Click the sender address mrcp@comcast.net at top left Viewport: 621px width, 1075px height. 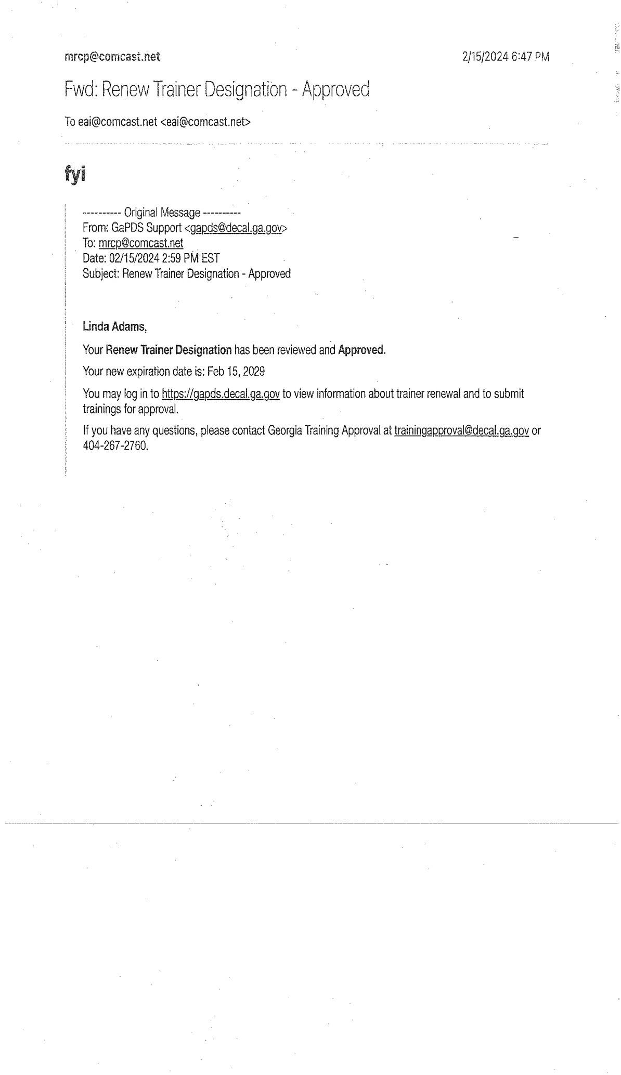[x=112, y=57]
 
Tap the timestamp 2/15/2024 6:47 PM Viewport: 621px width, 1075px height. [x=505, y=57]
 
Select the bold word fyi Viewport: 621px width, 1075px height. [x=75, y=175]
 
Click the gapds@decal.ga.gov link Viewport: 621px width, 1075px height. [x=236, y=228]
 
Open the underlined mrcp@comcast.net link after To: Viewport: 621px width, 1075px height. [x=140, y=243]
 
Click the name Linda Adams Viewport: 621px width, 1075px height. [x=114, y=327]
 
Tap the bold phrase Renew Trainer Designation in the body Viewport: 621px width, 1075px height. [x=169, y=350]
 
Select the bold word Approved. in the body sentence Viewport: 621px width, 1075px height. [x=361, y=350]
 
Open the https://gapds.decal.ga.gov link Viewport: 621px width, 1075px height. [x=221, y=394]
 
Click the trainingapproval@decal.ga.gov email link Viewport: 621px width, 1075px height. [x=461, y=431]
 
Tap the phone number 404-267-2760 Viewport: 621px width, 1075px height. [x=115, y=446]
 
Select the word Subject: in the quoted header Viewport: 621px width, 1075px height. [x=101, y=274]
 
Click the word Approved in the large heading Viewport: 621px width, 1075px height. [x=335, y=90]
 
